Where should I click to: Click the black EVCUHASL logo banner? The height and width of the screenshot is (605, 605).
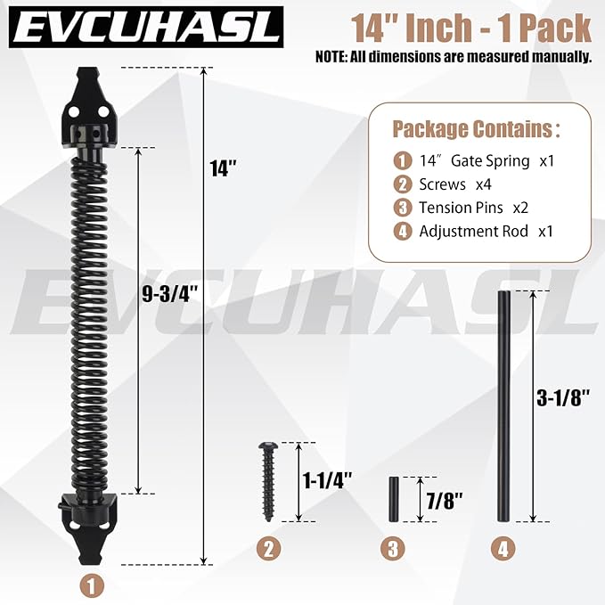point(146,28)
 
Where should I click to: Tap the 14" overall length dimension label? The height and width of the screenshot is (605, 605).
point(223,168)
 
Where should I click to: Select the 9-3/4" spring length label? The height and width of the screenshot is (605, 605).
point(170,295)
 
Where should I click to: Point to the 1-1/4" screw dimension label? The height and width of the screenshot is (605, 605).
point(327,481)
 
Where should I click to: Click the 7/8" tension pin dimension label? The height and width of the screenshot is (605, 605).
point(444,501)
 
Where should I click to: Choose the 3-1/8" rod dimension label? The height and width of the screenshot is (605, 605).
point(563,397)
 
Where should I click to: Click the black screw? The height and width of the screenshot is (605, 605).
point(268,482)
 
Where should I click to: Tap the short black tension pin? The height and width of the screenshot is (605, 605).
point(394,500)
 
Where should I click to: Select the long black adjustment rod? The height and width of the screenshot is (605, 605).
point(504,406)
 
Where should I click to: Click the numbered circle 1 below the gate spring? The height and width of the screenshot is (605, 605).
point(92,586)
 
